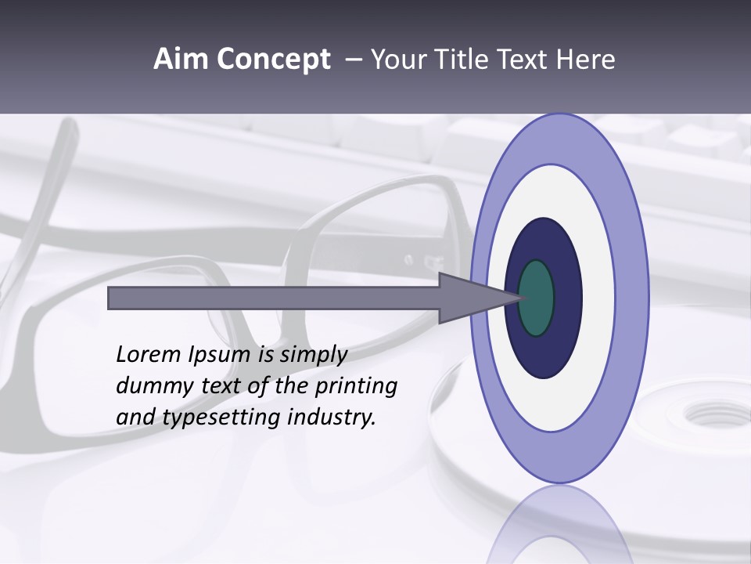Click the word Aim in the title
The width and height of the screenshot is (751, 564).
(181, 60)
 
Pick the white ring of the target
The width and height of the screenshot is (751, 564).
(598, 298)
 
